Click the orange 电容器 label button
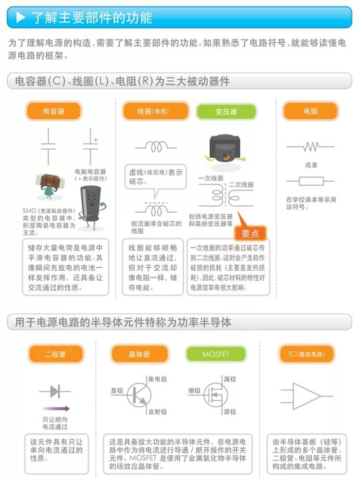pos(53,111)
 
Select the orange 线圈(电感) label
pos(152,111)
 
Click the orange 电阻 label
pos(310,111)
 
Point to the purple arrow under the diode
pos(56,409)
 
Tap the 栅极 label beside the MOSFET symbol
pos(195,390)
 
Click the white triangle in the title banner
pos(21,17)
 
